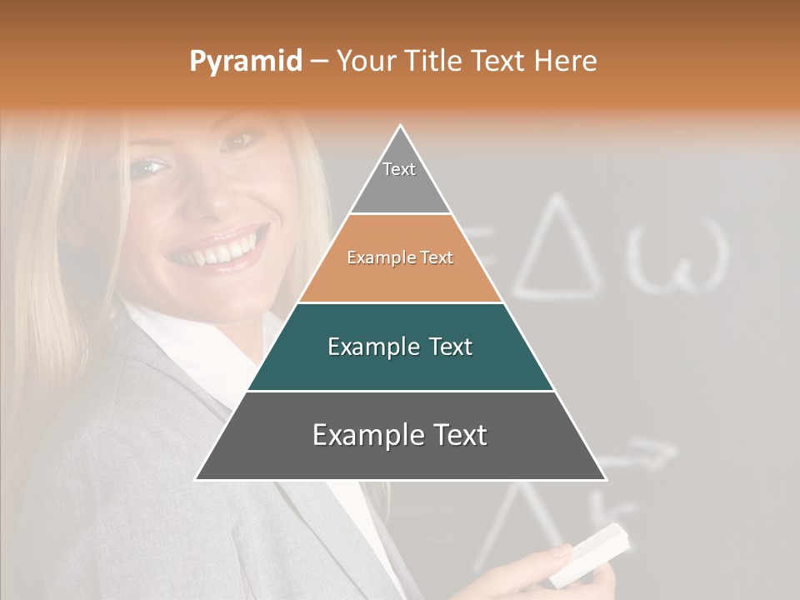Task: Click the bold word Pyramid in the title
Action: coord(245,62)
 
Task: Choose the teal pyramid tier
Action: coord(400,347)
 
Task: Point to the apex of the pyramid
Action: coord(401,126)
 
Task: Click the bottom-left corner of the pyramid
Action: coord(196,479)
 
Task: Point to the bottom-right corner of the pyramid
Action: coord(606,479)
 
